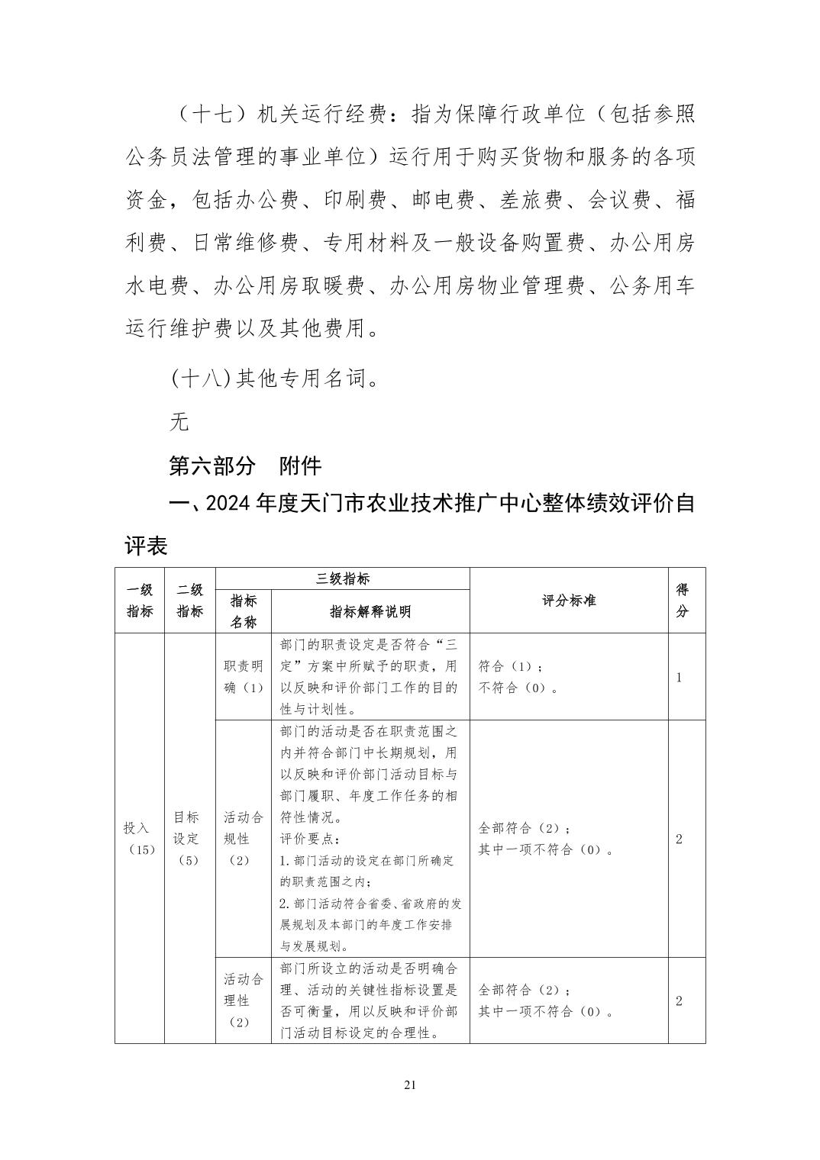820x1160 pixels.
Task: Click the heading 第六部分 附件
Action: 245,466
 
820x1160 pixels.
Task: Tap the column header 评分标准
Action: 569,601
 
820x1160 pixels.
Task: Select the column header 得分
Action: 683,601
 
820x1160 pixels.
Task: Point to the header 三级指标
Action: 343,579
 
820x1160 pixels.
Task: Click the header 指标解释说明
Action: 370,611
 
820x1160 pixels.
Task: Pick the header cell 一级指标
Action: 140,601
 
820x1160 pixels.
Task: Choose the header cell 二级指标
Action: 190,601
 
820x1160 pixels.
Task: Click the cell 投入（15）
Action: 140,839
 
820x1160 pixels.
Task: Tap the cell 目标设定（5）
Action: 187,838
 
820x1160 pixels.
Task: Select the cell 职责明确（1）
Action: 244,677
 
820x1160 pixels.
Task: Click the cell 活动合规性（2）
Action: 244,839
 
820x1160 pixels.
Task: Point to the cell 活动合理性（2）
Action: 244,1000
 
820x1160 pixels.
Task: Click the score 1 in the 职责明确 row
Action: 680,677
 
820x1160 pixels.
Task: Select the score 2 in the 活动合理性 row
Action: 680,1000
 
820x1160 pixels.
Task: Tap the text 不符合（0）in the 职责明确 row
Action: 517,688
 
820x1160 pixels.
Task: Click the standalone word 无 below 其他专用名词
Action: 179,421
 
